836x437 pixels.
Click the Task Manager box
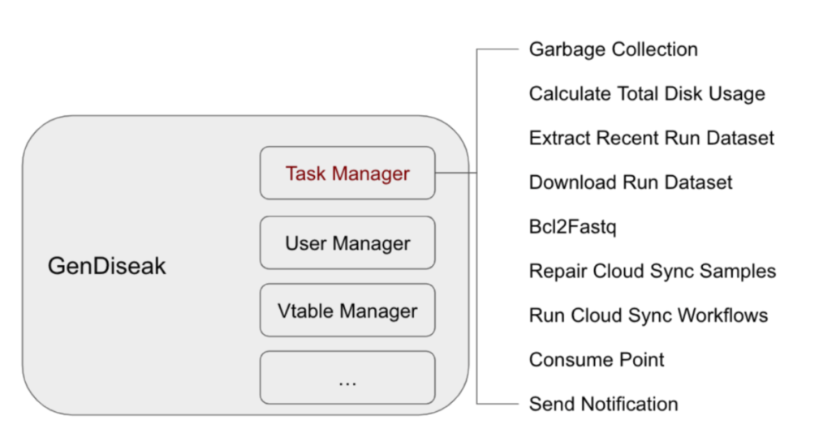tap(347, 173)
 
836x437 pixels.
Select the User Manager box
tap(347, 242)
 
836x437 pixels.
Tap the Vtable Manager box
tap(347, 311)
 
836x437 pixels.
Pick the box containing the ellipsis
tap(347, 378)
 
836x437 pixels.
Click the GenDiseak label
tap(106, 266)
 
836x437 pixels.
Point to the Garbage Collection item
tap(613, 49)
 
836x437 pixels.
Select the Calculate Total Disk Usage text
tap(647, 94)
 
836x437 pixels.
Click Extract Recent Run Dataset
tap(651, 138)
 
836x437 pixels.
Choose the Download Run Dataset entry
tap(631, 182)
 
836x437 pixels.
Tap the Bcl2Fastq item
tap(572, 226)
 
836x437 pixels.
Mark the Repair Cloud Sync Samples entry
tap(652, 271)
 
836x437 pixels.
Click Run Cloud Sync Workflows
tap(648, 315)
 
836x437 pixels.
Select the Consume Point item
tap(597, 359)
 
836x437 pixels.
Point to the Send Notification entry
tap(603, 404)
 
